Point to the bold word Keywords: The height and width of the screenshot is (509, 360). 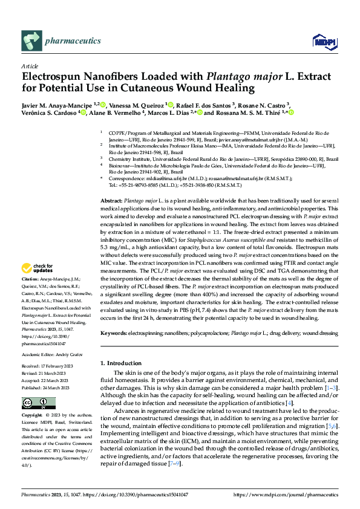coord(113,333)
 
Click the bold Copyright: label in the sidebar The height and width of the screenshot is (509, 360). coord(33,416)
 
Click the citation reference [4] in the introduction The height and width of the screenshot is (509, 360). coord(290,402)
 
